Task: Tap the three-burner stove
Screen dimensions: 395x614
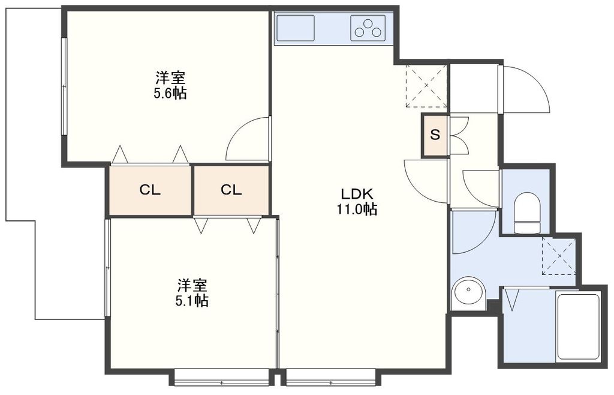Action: pos(368,28)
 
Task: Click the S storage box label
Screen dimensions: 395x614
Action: pos(435,135)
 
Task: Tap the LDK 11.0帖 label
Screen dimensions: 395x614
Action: pos(359,202)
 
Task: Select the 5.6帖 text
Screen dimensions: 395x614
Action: pos(170,93)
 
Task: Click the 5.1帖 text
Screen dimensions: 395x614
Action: pos(192,301)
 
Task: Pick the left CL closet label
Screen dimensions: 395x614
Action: pos(150,190)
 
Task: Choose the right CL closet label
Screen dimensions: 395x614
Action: pos(231,190)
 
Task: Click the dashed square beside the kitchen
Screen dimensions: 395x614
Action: pos(426,86)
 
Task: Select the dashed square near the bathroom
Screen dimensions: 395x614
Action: pos(558,256)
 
